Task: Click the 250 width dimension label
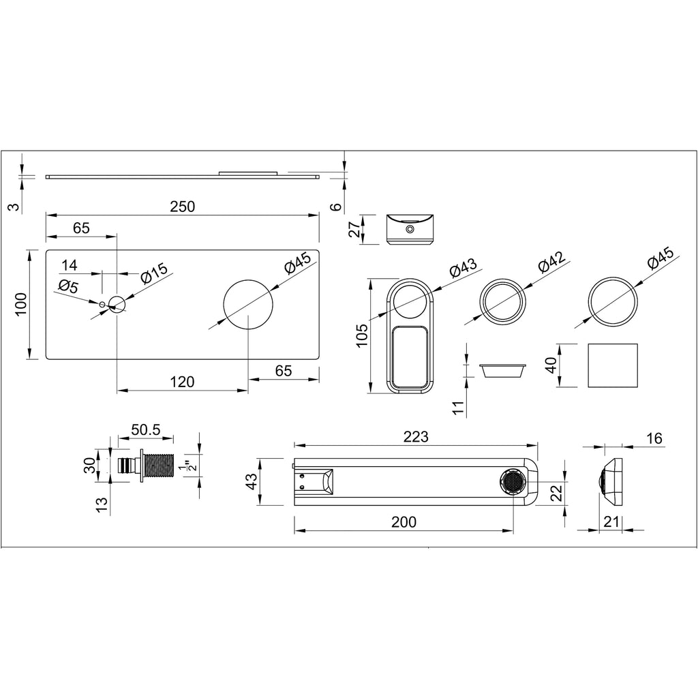tap(182, 207)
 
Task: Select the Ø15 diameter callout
tap(155, 274)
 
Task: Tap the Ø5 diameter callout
tap(69, 287)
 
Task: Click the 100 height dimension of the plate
tap(21, 304)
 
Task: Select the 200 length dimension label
tap(403, 522)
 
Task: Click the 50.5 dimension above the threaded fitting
tap(145, 429)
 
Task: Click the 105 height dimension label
tap(362, 336)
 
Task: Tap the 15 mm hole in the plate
tap(117, 304)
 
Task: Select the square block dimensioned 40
tap(613, 365)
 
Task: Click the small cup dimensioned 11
tap(503, 370)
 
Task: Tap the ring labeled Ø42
tap(504, 301)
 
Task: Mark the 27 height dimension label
tap(354, 229)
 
